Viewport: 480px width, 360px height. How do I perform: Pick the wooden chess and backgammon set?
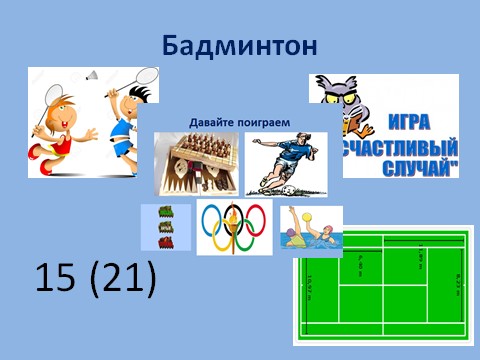195,163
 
